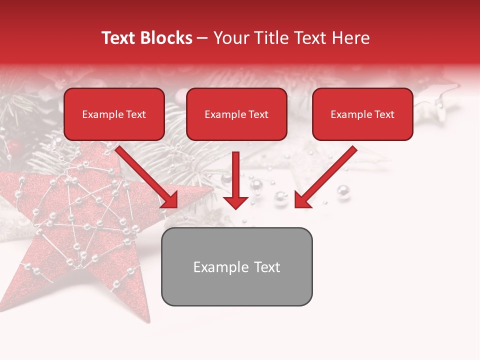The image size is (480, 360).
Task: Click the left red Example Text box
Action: tap(114, 114)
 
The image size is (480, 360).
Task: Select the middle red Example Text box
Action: tap(236, 114)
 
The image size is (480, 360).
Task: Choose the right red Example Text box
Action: tap(362, 114)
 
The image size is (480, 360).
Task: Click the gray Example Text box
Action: tap(236, 266)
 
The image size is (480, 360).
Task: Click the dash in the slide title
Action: tap(202, 38)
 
